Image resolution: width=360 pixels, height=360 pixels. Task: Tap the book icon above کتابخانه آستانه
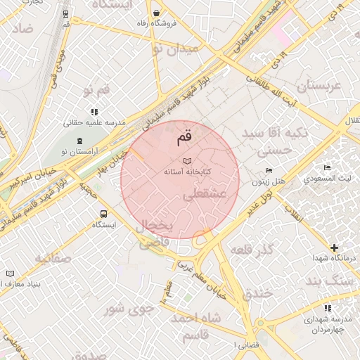pos(187,162)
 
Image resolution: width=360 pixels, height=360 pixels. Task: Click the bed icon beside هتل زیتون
pos(269,171)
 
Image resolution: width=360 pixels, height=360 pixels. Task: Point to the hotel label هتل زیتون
pos(269,181)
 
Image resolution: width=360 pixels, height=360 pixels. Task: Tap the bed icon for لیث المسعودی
pos(327,167)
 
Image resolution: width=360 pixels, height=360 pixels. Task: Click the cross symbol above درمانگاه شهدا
pos(334,247)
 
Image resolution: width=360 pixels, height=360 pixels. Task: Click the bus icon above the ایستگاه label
pos(103,214)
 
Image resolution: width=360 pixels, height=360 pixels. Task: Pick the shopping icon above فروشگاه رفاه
pos(155,13)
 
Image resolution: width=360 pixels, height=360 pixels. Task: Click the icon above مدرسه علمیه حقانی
pos(94,112)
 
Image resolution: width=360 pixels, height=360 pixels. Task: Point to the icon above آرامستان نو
pos(79,141)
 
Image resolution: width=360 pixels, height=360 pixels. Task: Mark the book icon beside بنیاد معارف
pos(10,274)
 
